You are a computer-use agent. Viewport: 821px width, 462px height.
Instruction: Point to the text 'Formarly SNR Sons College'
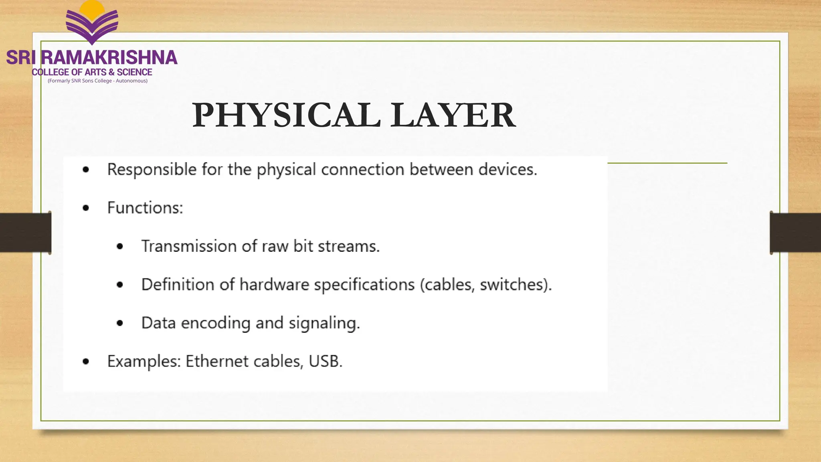[81, 81]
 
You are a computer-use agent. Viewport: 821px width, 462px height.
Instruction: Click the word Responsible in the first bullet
[152, 170]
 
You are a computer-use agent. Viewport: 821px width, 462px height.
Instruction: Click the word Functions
[145, 208]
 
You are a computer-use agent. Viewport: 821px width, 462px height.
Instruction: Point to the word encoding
[216, 323]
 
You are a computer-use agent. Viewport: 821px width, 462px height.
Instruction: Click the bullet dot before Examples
[86, 362]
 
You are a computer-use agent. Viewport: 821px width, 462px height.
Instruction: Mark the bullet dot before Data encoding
[120, 323]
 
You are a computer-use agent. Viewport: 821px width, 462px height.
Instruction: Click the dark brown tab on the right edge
[796, 233]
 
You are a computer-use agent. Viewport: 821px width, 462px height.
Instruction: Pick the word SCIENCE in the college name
[134, 72]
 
